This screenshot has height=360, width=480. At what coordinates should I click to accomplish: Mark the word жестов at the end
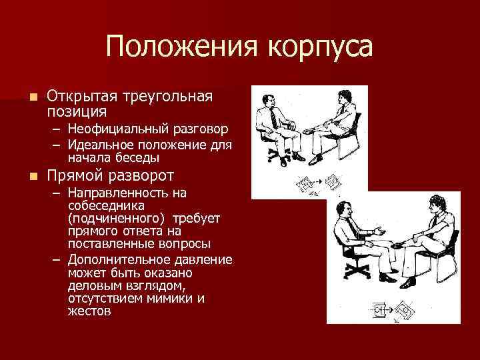coord(90,311)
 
